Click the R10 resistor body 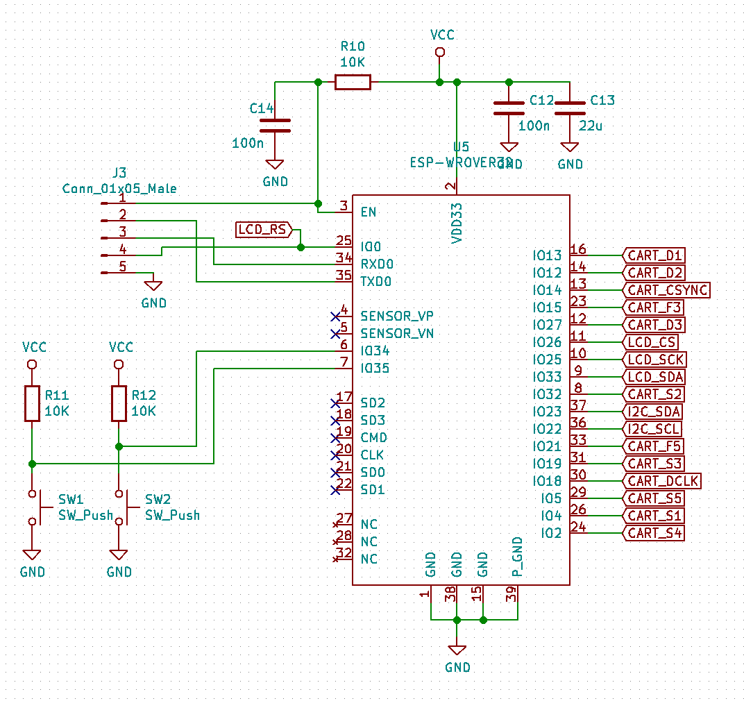tap(353, 83)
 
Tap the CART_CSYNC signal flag tap(666, 290)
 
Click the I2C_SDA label tap(653, 412)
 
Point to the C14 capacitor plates tap(275, 125)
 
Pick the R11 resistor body tap(32, 403)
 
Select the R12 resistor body tap(119, 403)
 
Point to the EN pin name tap(369, 212)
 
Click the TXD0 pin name tap(376, 282)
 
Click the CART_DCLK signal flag tap(663, 481)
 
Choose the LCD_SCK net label tap(655, 360)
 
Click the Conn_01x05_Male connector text tap(119, 188)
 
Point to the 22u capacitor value tap(590, 126)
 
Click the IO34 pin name tap(375, 351)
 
